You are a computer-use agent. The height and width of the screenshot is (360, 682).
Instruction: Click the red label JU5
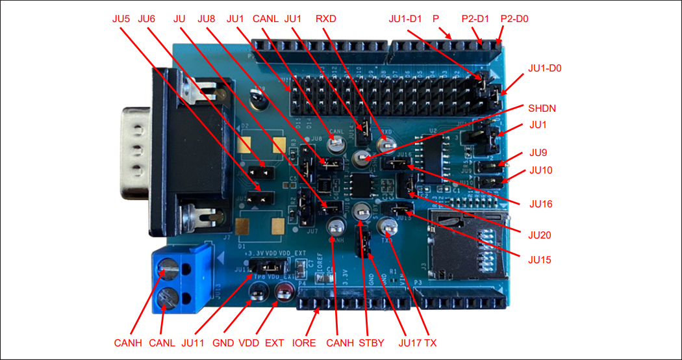pos(121,19)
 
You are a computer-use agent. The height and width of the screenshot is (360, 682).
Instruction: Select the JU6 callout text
pos(147,19)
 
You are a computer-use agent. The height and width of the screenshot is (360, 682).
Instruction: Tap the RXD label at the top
pos(325,19)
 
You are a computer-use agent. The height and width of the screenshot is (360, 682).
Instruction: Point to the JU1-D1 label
pos(406,19)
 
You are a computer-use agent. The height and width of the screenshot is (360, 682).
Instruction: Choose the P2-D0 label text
pos(514,19)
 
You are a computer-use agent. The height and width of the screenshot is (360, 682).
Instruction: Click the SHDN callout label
pos(542,108)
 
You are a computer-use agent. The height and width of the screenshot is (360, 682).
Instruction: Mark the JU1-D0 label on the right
pos(545,68)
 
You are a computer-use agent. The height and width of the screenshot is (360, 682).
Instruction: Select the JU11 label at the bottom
pos(196,342)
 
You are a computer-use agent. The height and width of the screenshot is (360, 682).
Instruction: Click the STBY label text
pos(372,342)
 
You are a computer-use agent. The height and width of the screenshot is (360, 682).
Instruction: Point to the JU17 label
pos(409,342)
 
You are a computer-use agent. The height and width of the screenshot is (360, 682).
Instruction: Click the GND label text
pos(223,342)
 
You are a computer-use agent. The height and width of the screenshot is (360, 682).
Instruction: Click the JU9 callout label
pos(538,153)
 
